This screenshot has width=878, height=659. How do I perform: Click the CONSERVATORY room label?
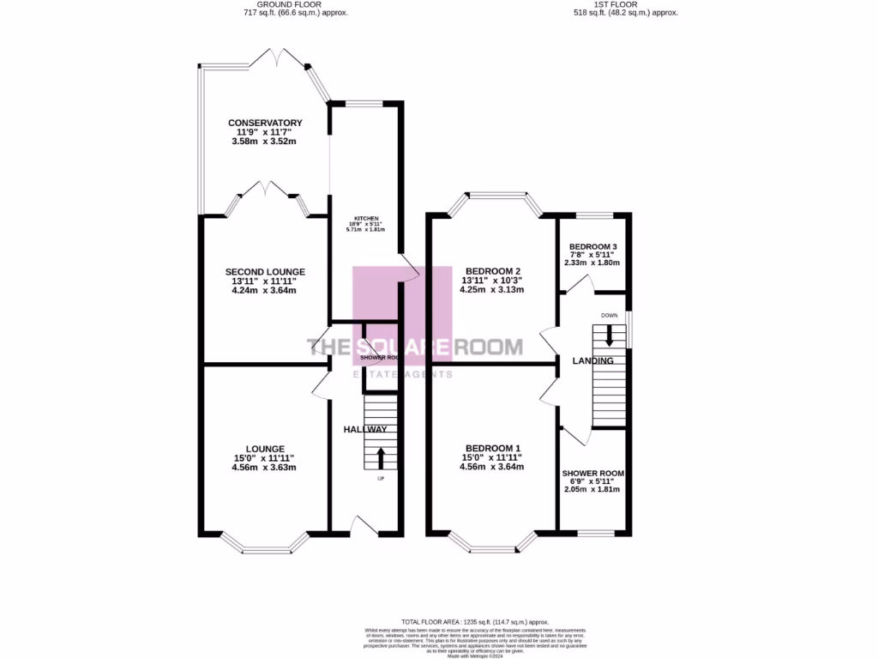point(264,123)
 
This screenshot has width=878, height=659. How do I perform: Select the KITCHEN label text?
point(364,219)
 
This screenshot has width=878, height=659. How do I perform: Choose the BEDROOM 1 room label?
point(492,448)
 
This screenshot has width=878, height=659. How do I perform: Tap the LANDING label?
point(593,361)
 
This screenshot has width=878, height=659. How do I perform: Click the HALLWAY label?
point(365,429)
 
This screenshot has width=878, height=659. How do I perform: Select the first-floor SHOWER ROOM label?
point(592,474)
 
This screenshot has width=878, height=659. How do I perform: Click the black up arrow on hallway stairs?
point(381,458)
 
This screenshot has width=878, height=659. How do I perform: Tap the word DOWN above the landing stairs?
point(610,315)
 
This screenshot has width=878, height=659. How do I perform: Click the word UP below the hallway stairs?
point(381,478)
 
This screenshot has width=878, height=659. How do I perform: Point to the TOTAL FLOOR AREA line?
point(474,622)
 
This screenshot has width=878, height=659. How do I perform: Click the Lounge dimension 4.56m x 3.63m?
point(264,468)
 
